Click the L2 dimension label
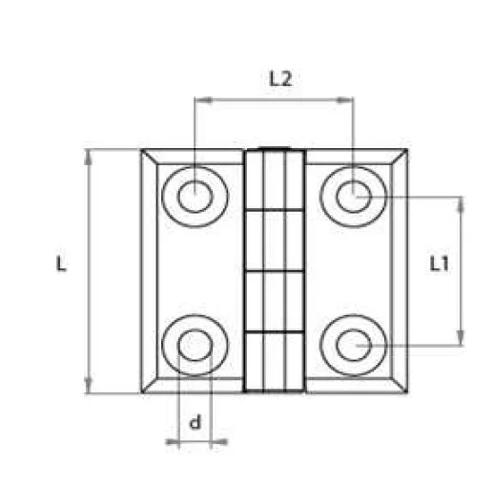(278, 80)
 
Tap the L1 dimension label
(440, 265)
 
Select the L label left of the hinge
(61, 265)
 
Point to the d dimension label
(196, 422)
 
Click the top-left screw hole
(195, 197)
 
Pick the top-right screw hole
(354, 197)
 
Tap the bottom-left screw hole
(195, 344)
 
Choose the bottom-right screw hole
(354, 344)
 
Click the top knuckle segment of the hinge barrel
(275, 179)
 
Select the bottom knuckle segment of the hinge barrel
(275, 361)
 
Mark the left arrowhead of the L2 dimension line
(199, 97)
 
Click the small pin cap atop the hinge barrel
(275, 148)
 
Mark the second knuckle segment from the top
(275, 239)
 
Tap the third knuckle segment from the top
(275, 301)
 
